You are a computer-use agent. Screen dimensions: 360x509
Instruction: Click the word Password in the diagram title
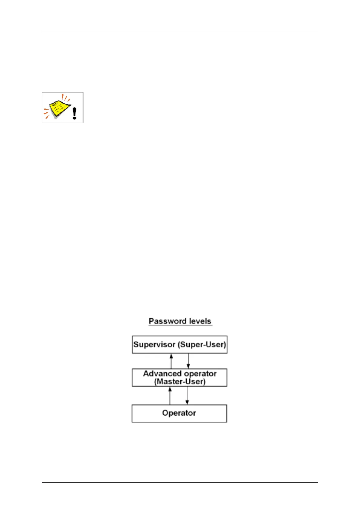pos(165,321)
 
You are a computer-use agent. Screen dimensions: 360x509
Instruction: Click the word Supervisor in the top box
pos(154,345)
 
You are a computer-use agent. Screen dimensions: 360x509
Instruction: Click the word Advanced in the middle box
pos(162,374)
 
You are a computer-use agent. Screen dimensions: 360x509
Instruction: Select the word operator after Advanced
pos(200,374)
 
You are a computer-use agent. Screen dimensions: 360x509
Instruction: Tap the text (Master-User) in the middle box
pos(180,382)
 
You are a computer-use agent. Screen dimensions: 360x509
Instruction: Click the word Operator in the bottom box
pos(179,413)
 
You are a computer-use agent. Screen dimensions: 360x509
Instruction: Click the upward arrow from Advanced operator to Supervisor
pos(171,361)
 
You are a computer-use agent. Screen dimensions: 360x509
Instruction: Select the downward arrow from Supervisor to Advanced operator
pos(188,361)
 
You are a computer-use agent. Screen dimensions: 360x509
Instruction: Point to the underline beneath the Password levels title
pos(180,326)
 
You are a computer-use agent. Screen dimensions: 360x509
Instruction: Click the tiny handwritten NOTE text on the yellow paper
pos(55,104)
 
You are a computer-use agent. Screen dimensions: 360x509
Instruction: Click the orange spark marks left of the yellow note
pos(46,112)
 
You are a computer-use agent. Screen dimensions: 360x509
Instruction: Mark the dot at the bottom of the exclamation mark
pos(74,118)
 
